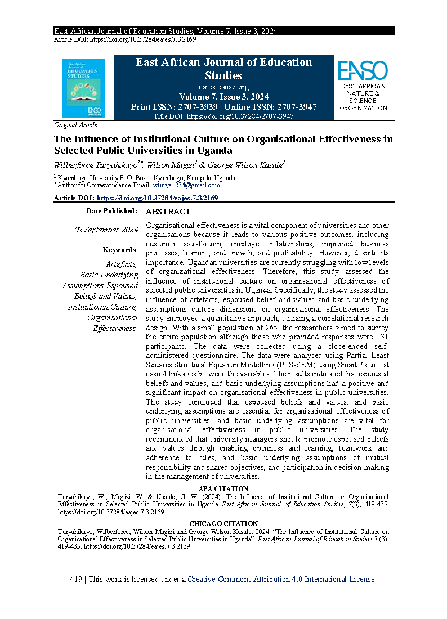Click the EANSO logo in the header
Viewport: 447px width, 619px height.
(363, 71)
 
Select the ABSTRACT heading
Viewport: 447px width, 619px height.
(168, 212)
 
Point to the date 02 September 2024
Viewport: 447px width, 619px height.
(106, 230)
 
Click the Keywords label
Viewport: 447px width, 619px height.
(119, 250)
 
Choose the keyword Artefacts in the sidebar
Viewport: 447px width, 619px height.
(122, 264)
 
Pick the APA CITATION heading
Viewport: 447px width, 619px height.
(223, 489)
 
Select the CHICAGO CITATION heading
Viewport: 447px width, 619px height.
(223, 524)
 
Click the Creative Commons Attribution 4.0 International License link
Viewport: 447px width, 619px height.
(281, 579)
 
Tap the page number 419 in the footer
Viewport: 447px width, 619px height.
(77, 579)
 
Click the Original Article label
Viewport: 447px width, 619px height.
(75, 125)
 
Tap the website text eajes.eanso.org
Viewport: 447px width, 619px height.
(223, 87)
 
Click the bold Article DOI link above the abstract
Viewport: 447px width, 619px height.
(157, 198)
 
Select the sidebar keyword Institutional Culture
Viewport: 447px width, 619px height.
(102, 307)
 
